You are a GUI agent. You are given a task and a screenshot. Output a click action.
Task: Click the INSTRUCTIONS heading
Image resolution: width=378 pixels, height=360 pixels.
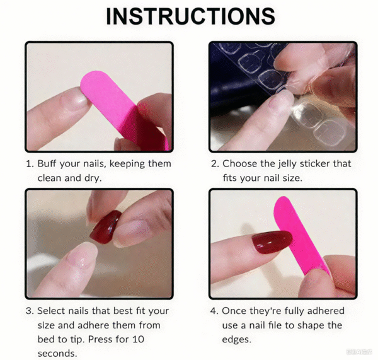190,16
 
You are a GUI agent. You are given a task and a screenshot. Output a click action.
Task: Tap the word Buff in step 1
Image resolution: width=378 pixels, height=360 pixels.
47,163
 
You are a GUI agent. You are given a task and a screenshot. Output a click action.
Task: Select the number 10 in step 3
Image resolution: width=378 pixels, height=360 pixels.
138,339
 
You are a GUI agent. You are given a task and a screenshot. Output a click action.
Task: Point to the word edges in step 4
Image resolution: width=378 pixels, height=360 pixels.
236,340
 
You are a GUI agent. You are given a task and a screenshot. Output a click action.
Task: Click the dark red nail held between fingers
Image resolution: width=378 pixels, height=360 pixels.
106,227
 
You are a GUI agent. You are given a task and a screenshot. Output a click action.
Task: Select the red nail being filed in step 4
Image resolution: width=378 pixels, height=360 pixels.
272,242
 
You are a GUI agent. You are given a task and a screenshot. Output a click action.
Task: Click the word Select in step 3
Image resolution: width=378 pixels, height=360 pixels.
50,311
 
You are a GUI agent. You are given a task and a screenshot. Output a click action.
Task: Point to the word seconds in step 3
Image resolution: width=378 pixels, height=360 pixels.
57,354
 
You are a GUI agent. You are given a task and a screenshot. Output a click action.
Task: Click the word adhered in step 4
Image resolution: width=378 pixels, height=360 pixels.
326,311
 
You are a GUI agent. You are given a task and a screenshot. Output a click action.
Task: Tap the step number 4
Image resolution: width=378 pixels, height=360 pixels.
214,311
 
